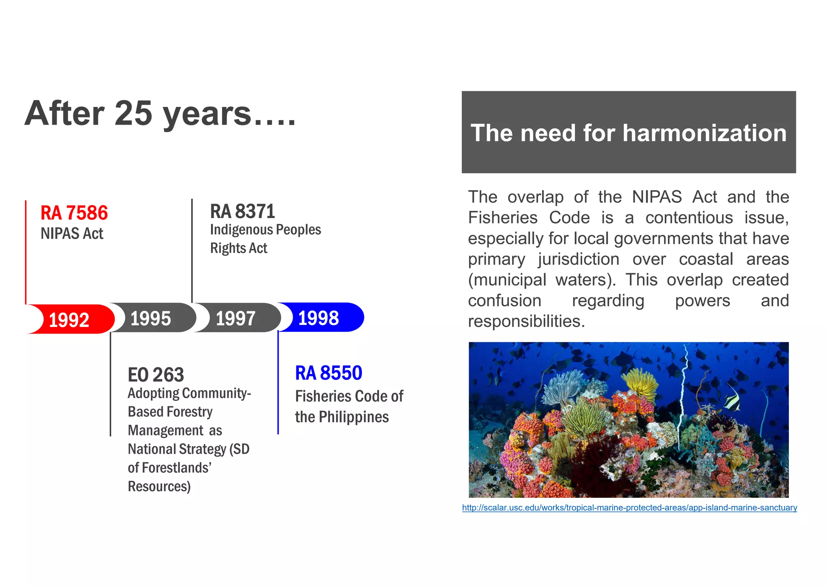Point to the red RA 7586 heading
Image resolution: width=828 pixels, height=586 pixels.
point(74,213)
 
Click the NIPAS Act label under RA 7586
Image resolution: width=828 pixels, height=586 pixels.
point(72,234)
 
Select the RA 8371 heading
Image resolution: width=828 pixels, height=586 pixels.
point(243,211)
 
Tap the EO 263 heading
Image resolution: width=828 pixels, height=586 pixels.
point(156,375)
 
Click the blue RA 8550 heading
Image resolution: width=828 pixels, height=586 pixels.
point(329,373)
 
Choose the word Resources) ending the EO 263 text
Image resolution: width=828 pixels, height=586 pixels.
point(159,486)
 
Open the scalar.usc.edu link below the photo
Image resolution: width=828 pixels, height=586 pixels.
point(629,507)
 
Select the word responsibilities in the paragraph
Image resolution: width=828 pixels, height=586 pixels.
point(526,321)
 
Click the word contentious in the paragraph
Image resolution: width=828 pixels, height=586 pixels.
point(689,218)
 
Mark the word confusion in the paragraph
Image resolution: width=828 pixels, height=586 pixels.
point(505,301)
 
